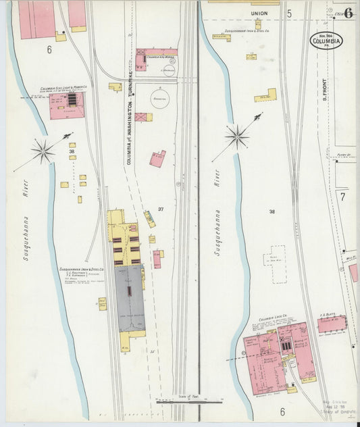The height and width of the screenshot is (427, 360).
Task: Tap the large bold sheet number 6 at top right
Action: click(x=348, y=14)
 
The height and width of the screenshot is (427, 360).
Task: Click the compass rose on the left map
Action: click(x=43, y=151)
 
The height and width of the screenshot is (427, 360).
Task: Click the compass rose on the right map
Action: click(x=237, y=137)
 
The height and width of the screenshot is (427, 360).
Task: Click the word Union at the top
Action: click(x=259, y=13)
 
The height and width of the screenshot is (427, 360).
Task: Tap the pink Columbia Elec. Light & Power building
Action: click(x=66, y=105)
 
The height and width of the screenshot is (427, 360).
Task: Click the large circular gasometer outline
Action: click(x=160, y=99)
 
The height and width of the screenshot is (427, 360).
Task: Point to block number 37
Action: click(x=161, y=209)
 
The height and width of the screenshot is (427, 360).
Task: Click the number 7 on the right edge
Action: click(x=342, y=197)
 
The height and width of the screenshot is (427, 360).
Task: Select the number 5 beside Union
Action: click(x=288, y=13)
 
